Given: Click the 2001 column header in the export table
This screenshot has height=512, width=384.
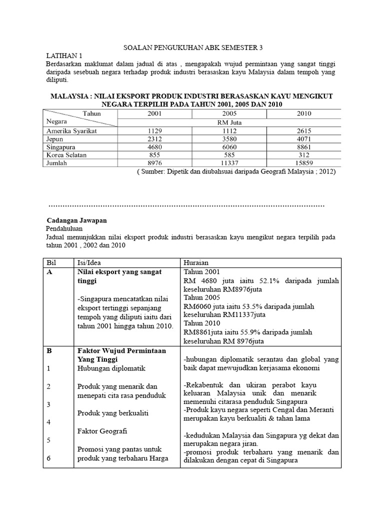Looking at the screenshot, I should click(x=154, y=113).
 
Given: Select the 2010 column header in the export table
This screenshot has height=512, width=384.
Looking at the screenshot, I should click(x=303, y=113).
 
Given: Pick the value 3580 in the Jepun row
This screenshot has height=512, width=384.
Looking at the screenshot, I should click(x=229, y=139).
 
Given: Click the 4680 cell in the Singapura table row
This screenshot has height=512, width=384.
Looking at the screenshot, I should click(x=154, y=147).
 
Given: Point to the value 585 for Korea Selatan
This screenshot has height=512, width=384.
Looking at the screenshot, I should click(x=229, y=155).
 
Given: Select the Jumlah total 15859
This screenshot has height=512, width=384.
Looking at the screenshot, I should click(x=303, y=164).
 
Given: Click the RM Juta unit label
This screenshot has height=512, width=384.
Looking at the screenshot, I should click(x=229, y=122).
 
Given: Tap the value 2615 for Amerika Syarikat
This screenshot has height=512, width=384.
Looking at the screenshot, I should click(x=303, y=130).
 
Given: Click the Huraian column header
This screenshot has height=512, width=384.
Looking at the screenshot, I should click(x=196, y=262).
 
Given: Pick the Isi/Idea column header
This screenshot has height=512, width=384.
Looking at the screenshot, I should click(x=90, y=262).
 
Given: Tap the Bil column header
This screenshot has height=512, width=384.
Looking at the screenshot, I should click(x=51, y=262).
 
